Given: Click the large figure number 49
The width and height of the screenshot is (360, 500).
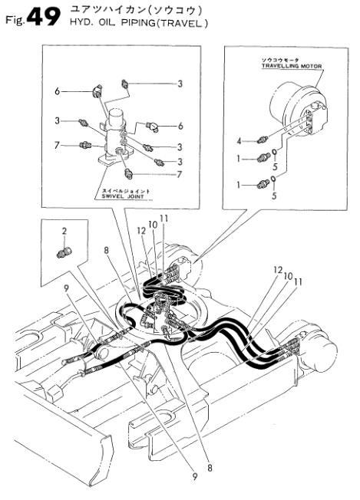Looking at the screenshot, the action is tap(44, 17).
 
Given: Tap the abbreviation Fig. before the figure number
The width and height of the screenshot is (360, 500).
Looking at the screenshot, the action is tap(15, 21).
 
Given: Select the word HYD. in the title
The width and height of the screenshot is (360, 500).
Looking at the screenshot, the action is tap(78, 24).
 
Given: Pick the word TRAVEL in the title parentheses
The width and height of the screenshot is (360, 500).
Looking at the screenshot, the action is tap(180, 24).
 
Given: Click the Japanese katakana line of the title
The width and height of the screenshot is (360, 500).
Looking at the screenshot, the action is tap(134, 11).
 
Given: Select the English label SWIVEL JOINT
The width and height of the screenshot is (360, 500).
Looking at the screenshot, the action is tap(123, 196).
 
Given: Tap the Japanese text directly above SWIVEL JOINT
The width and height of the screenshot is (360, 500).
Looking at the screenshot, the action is tap(125, 191).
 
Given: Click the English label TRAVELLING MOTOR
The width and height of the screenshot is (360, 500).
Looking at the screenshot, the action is tap(292, 66).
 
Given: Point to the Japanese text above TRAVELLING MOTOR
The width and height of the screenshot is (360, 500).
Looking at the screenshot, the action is tap(280, 60).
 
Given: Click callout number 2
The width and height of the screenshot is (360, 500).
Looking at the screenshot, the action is tap(64, 231).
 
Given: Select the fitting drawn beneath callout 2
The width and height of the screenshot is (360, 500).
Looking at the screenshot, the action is tap(64, 252).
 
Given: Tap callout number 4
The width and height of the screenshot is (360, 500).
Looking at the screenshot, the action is tap(239, 140).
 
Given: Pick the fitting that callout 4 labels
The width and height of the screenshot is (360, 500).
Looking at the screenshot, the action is tap(263, 140).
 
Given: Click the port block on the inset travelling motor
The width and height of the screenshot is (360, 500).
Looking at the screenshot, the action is tap(316, 119).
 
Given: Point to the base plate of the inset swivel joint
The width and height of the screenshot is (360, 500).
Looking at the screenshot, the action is tap(114, 159).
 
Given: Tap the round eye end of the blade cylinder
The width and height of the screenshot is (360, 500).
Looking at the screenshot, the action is tap(103, 352).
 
